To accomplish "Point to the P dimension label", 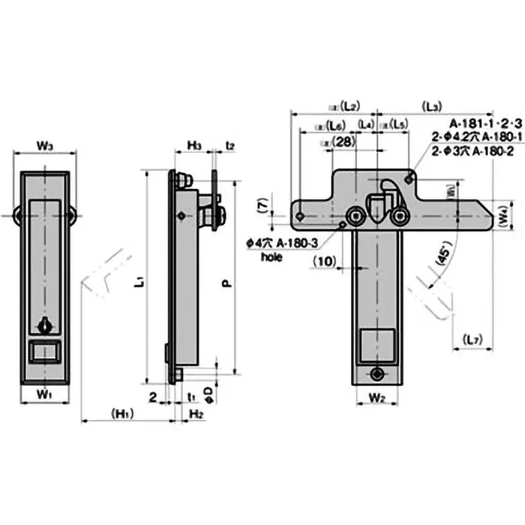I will [x=225, y=283].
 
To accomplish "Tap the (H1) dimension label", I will [x=123, y=413].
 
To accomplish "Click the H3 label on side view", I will [x=194, y=144].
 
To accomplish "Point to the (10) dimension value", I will [x=325, y=261].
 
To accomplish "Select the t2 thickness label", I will [x=230, y=144].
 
